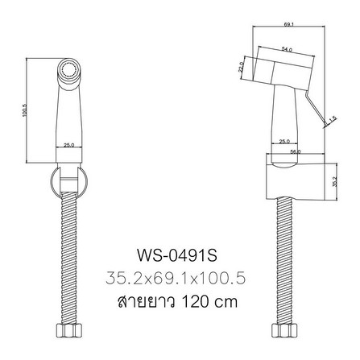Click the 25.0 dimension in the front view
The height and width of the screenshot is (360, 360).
(x=70, y=145)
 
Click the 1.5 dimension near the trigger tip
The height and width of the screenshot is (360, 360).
(x=331, y=119)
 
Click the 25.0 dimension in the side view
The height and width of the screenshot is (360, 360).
(x=283, y=141)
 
